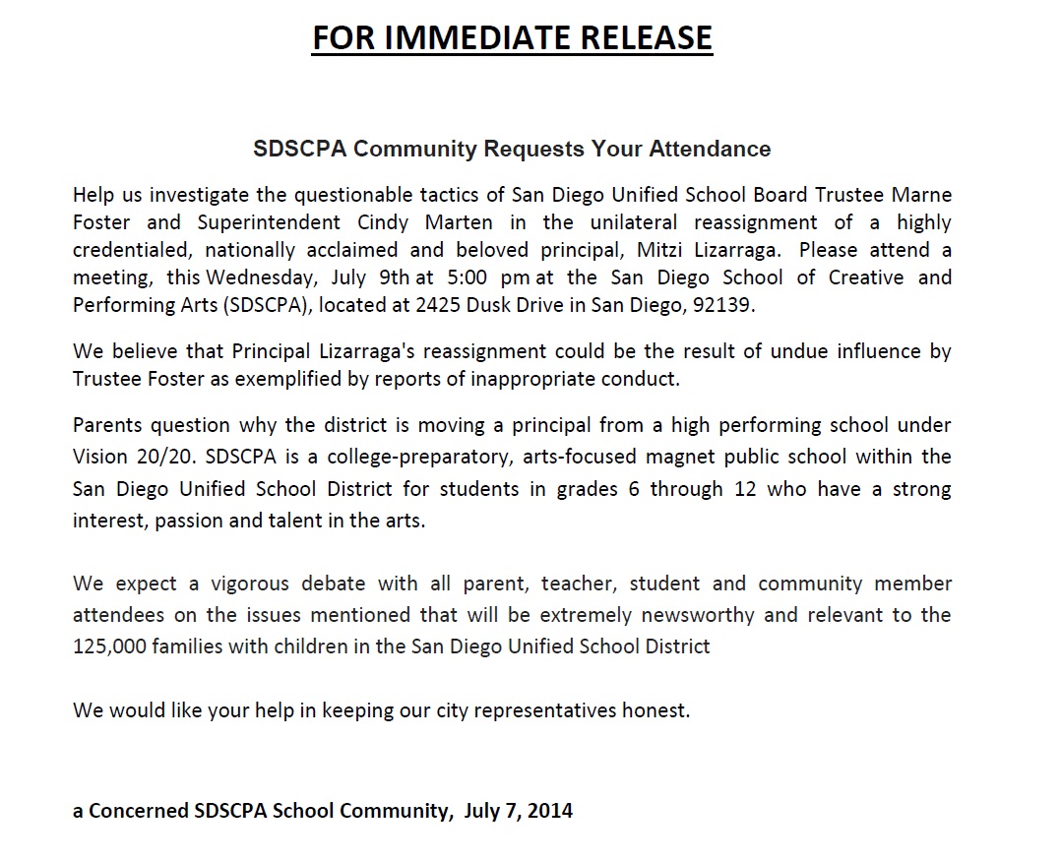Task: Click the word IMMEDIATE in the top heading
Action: pos(462,37)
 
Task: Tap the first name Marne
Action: pos(924,195)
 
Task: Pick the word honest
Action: pos(655,710)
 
